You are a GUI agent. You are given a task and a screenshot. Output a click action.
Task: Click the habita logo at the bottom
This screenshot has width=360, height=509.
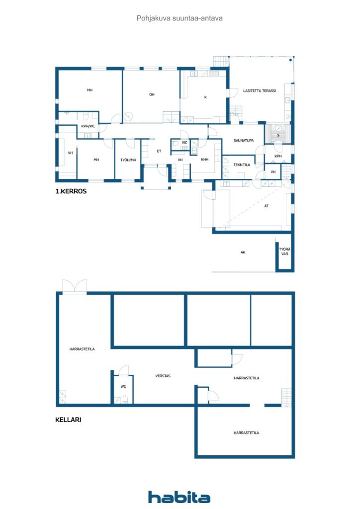coord(179,497)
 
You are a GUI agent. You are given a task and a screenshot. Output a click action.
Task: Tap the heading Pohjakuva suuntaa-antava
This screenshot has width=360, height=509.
coord(180,18)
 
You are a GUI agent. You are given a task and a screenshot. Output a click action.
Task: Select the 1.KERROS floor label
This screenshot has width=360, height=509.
coord(71,191)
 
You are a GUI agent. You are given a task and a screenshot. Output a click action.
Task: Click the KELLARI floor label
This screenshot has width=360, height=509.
coord(68,420)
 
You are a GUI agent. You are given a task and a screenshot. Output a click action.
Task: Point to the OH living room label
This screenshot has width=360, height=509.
coord(152,94)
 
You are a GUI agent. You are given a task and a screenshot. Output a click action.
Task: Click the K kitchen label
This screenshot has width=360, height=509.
coord(205,97)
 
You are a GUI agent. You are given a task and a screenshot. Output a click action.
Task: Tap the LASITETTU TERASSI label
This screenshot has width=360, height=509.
coord(260,91)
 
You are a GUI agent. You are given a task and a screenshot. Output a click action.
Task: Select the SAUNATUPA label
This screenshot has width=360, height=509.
coord(244,141)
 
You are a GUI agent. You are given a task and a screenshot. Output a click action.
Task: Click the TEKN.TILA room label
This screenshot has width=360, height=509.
coord(242,165)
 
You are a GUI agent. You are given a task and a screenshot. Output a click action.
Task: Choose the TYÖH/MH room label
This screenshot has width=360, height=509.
coord(128,160)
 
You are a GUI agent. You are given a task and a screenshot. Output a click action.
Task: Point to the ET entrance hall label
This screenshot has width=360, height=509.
coord(159,151)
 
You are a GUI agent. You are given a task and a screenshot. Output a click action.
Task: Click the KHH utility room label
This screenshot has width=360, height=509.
coord(205,160)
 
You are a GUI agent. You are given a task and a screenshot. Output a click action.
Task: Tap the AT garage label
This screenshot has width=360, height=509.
coord(267,206)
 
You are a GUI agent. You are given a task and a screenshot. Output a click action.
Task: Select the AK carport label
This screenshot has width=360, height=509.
coord(243,252)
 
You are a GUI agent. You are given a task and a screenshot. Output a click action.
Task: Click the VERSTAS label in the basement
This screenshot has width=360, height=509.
coord(163,376)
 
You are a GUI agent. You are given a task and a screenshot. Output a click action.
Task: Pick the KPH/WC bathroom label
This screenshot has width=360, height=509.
coord(88,126)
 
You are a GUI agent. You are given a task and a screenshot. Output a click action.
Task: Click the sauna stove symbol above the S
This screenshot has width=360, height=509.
coord(278,128)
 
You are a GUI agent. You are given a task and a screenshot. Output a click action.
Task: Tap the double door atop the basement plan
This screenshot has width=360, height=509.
coord(75,287)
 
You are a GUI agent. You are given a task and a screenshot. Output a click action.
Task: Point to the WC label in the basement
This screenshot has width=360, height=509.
coord(123,386)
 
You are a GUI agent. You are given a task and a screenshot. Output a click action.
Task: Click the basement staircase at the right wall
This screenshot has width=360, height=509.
coord(286,397)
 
